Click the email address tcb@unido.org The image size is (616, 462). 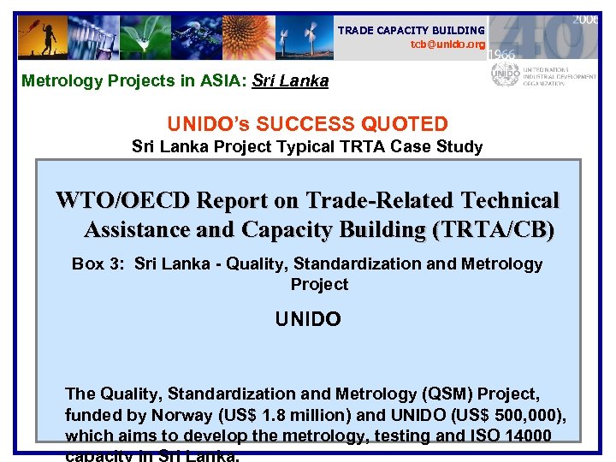click(447, 44)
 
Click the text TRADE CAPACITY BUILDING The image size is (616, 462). click(411, 31)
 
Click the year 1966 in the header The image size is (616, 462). click(502, 54)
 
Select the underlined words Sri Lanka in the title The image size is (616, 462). click(291, 81)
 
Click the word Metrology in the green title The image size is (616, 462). click(56, 81)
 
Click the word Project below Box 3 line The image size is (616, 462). click(319, 284)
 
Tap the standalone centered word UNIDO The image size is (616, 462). click(308, 320)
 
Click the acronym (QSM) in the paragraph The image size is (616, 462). click(450, 394)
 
